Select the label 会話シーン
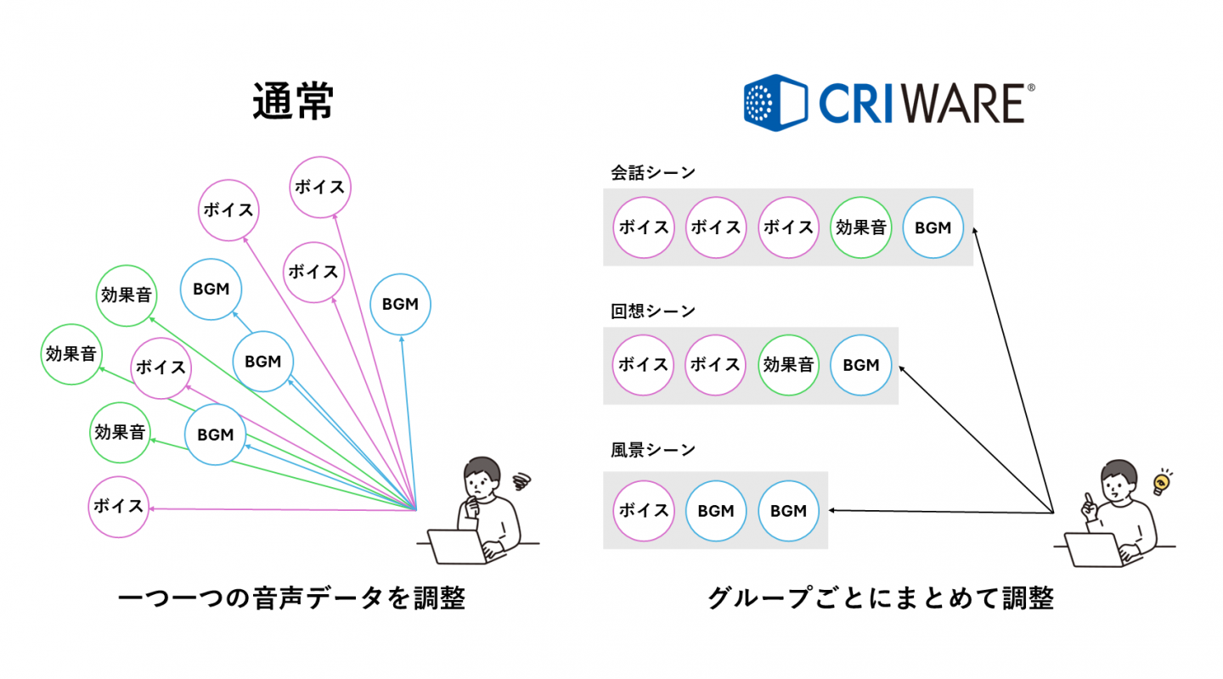652,172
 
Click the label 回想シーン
652,311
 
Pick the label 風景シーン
652,449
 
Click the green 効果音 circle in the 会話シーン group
861,227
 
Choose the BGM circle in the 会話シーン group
933,227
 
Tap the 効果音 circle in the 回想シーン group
788,365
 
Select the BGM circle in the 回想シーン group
860,365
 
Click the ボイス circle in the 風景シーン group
643,511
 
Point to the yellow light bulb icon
1160,483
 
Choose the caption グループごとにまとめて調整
881,599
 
